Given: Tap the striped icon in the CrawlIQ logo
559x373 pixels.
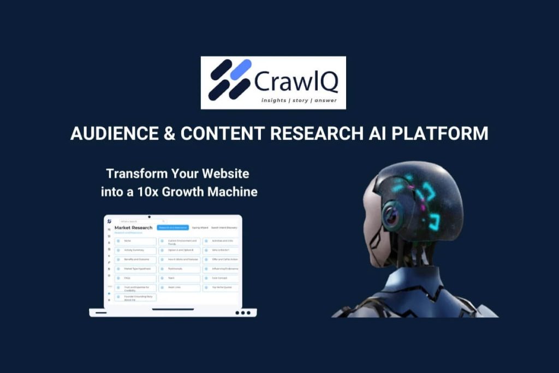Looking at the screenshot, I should pos(230,80).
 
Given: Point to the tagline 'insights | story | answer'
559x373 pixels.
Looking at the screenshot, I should pos(299,100).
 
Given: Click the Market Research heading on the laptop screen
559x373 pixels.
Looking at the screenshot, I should pos(133,227).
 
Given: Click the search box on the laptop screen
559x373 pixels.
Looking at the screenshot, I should pos(142,221).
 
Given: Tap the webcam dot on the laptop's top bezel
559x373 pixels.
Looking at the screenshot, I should pos(149,216).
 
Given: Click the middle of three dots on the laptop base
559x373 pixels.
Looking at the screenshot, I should pos(243,313).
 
